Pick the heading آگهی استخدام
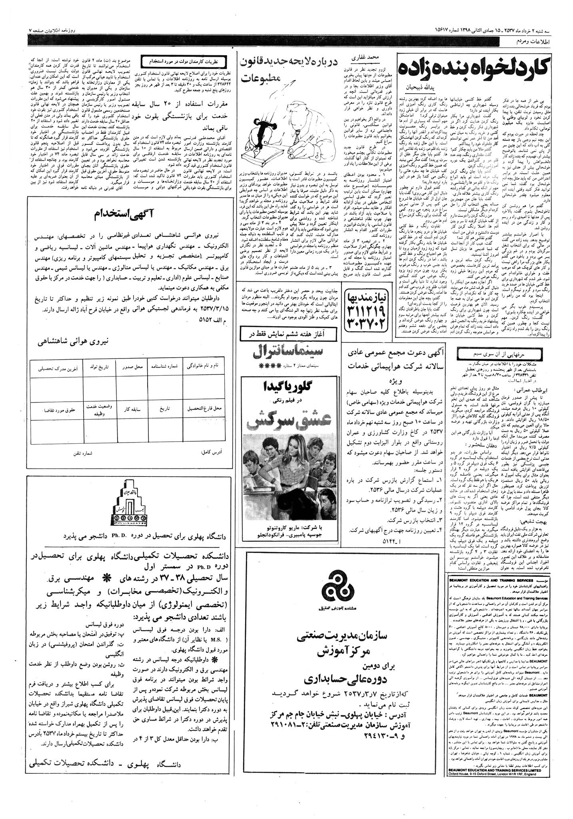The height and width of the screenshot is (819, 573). [119, 214]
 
